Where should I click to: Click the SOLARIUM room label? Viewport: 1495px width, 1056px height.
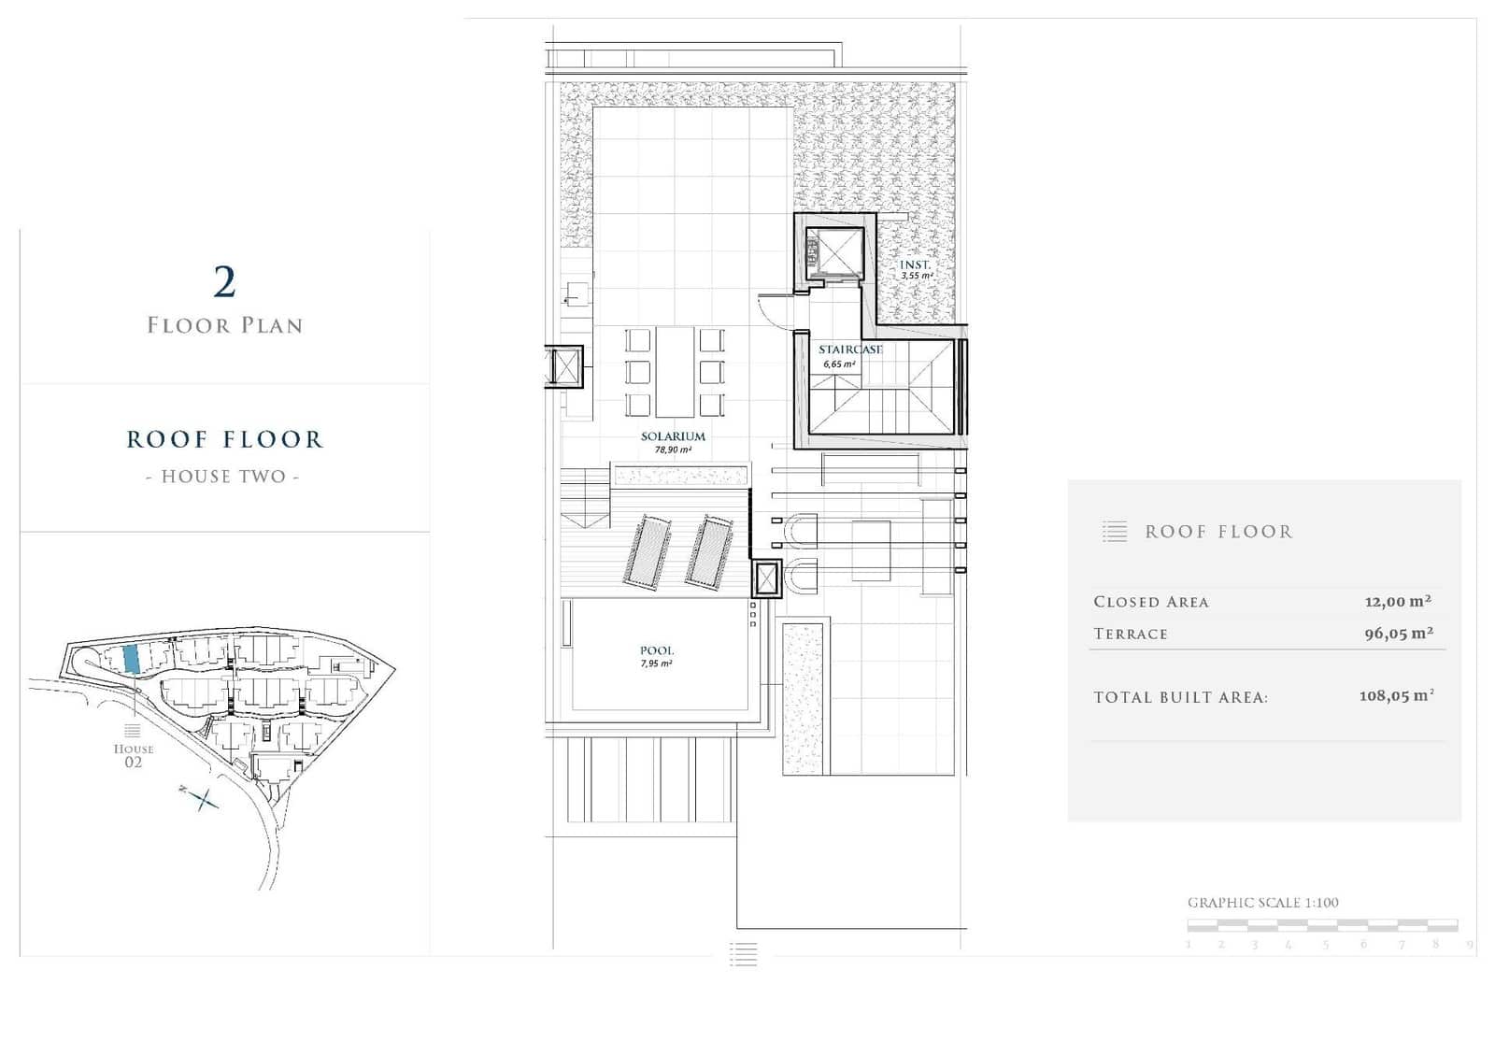click(673, 436)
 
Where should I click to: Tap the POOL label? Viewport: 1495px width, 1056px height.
click(657, 650)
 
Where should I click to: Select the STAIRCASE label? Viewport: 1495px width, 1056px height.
click(850, 350)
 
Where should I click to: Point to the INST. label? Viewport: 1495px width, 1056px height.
click(915, 265)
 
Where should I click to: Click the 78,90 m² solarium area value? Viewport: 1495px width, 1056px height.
click(673, 450)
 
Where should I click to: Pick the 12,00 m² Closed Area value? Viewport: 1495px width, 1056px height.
click(1398, 602)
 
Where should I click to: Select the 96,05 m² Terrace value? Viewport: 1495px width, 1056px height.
click(1399, 634)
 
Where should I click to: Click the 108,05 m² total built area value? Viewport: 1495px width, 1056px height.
click(1396, 696)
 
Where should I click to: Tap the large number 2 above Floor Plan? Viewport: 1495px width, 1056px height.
click(224, 282)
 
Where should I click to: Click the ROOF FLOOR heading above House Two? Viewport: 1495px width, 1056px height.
click(224, 439)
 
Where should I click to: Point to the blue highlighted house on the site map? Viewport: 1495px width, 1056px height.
click(132, 659)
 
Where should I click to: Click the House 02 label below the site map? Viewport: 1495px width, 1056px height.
click(134, 755)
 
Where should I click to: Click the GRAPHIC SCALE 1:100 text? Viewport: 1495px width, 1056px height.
click(1262, 903)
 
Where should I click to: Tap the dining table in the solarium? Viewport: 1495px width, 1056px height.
click(675, 371)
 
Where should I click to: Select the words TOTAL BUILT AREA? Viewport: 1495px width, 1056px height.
click(1180, 697)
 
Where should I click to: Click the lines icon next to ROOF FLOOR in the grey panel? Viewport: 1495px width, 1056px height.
click(1114, 532)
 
